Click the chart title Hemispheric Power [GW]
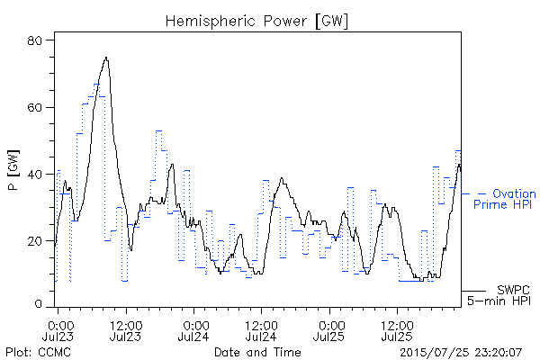(256, 21)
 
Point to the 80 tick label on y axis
(34, 40)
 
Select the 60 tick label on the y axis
(34, 107)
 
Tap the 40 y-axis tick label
(34, 175)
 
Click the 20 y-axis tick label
(34, 241)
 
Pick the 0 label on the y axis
(38, 304)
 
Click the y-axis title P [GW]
(13, 170)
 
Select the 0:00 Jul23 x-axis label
(58, 330)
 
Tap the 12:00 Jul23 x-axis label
(126, 330)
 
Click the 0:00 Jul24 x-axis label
(193, 330)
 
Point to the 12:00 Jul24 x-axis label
(261, 330)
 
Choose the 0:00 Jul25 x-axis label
(329, 330)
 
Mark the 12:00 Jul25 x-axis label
(397, 330)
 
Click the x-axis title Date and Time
(257, 352)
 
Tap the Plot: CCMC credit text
(38, 352)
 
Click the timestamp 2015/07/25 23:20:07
(461, 353)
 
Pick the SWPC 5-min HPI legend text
(499, 295)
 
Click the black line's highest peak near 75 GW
(106, 58)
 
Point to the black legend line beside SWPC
(473, 291)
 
